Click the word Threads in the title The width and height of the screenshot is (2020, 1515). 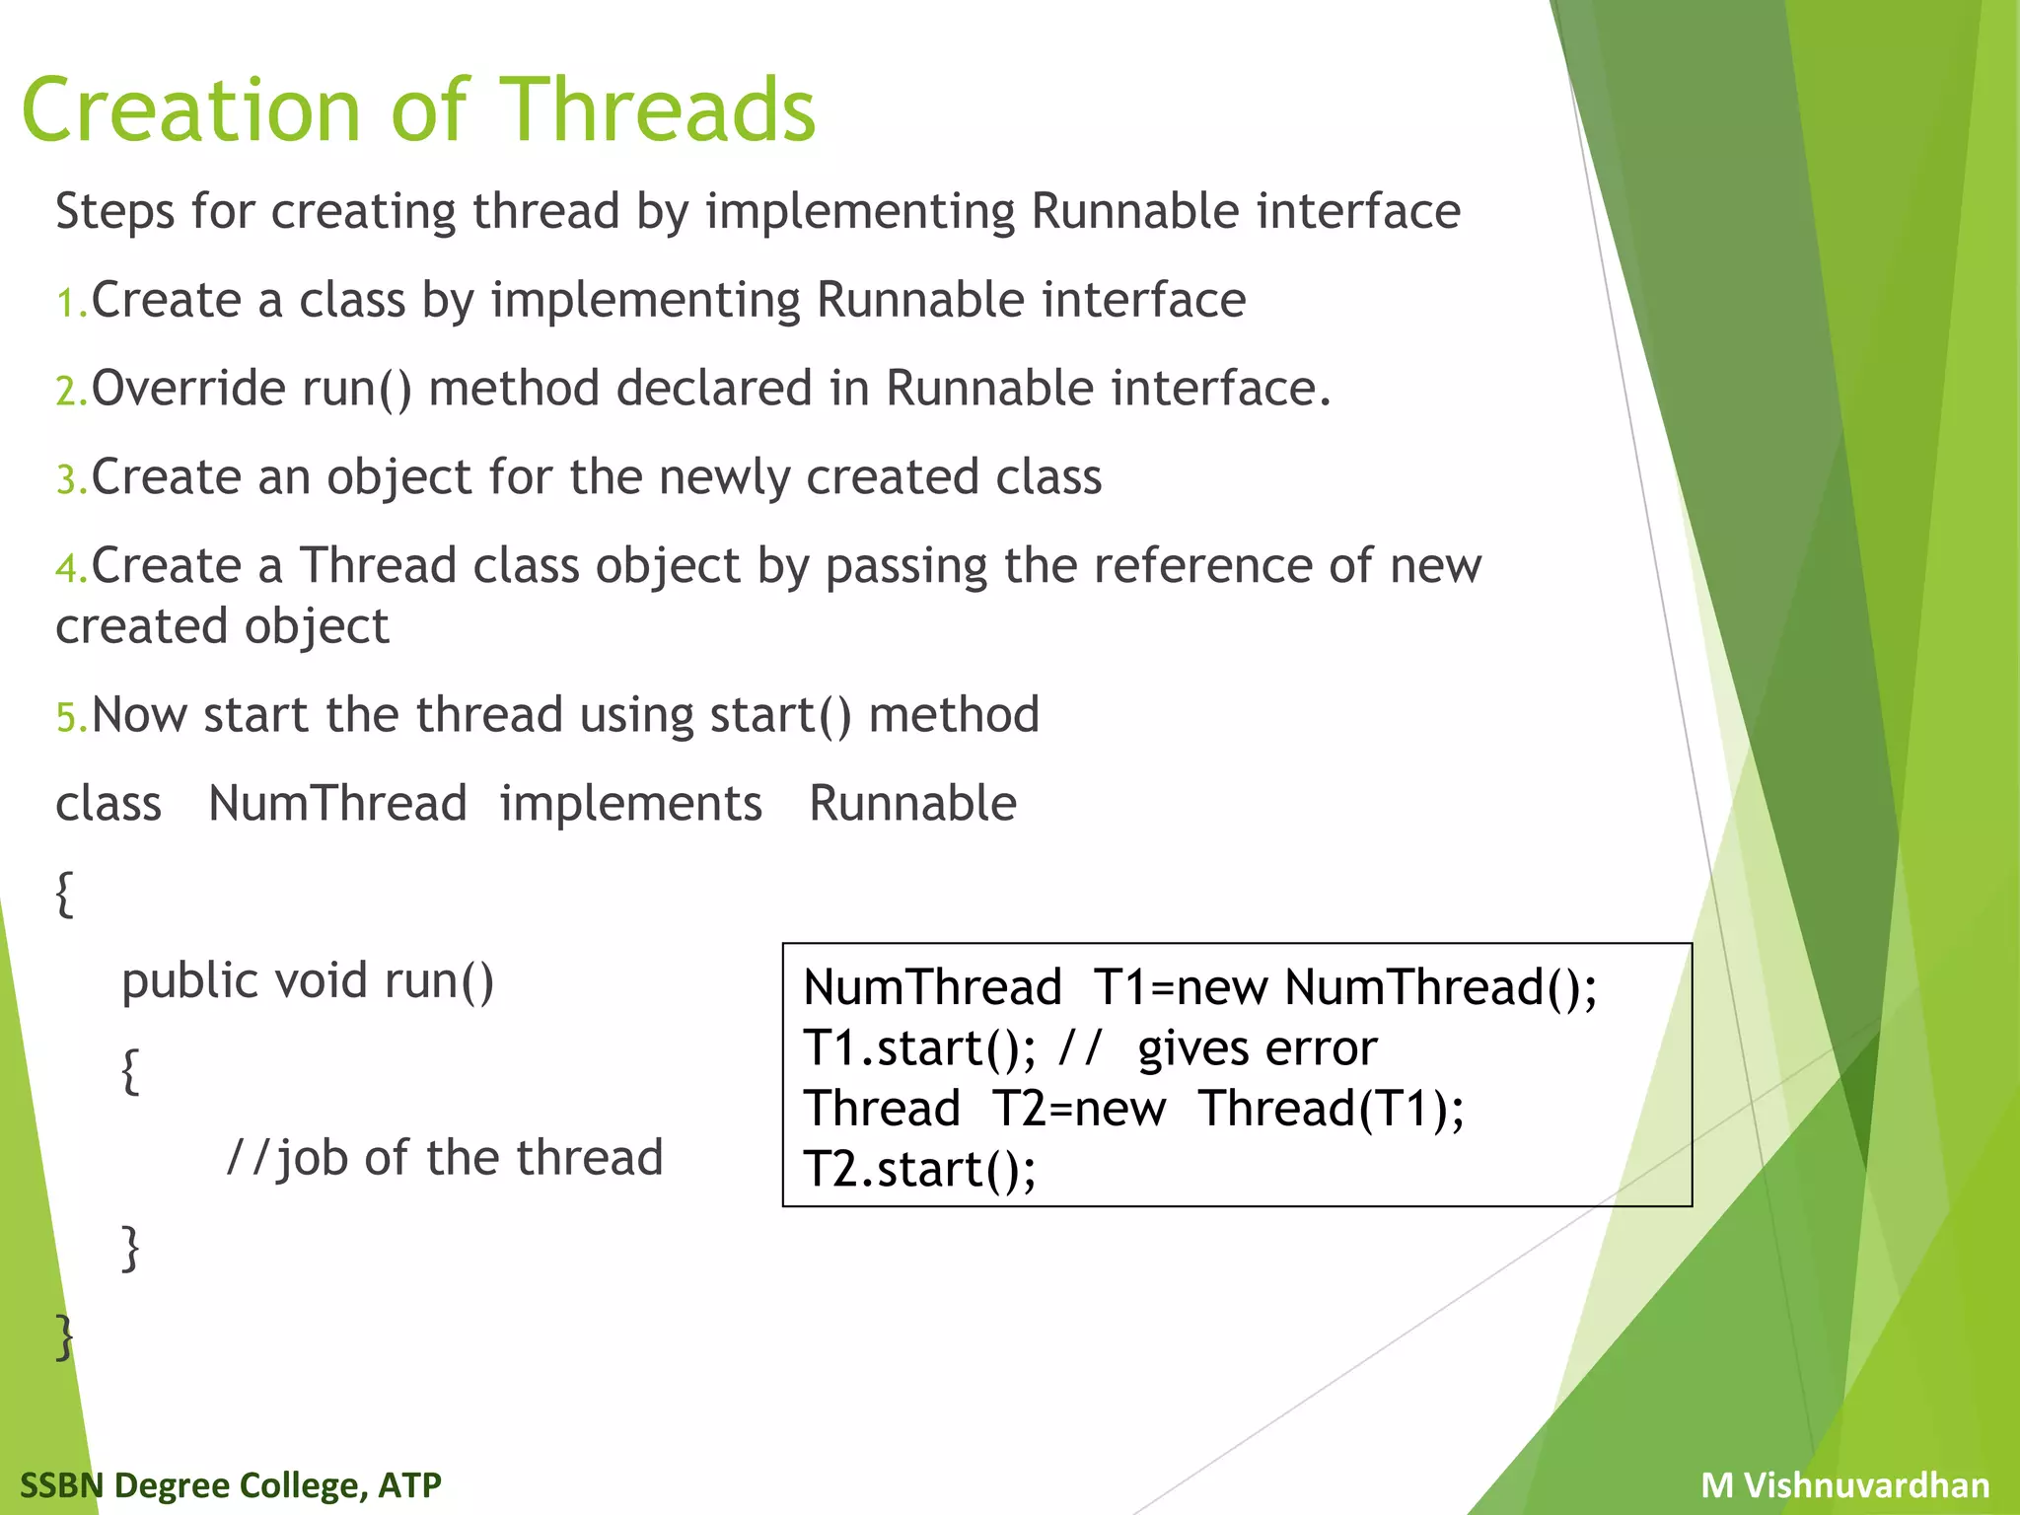tap(659, 110)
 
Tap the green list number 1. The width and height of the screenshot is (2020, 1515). tap(69, 303)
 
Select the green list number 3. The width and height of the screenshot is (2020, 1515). tap(69, 480)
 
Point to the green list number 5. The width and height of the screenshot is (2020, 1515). tap(69, 717)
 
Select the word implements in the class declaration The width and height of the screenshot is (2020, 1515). tap(630, 803)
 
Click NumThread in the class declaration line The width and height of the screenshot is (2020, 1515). tap(337, 803)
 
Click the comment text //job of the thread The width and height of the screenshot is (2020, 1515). tap(445, 1158)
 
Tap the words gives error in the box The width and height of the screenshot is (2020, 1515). tap(1257, 1048)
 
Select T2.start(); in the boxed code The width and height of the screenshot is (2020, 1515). tap(919, 1170)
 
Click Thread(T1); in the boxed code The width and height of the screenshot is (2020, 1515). tap(1331, 1109)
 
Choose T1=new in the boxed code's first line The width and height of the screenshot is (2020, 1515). tap(1180, 987)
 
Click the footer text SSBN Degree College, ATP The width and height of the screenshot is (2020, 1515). tap(231, 1484)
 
